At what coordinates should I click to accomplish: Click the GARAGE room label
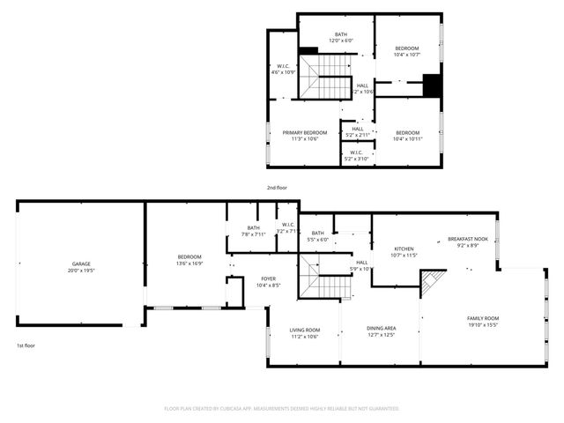tap(81, 263)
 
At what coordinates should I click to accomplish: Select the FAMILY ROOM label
tap(483, 317)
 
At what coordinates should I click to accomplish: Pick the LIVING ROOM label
tap(305, 330)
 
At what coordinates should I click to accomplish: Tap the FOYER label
tap(268, 278)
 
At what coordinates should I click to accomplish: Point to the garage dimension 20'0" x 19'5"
tap(81, 270)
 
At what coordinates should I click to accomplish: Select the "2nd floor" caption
tap(277, 188)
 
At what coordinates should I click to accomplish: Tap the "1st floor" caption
tap(26, 345)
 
